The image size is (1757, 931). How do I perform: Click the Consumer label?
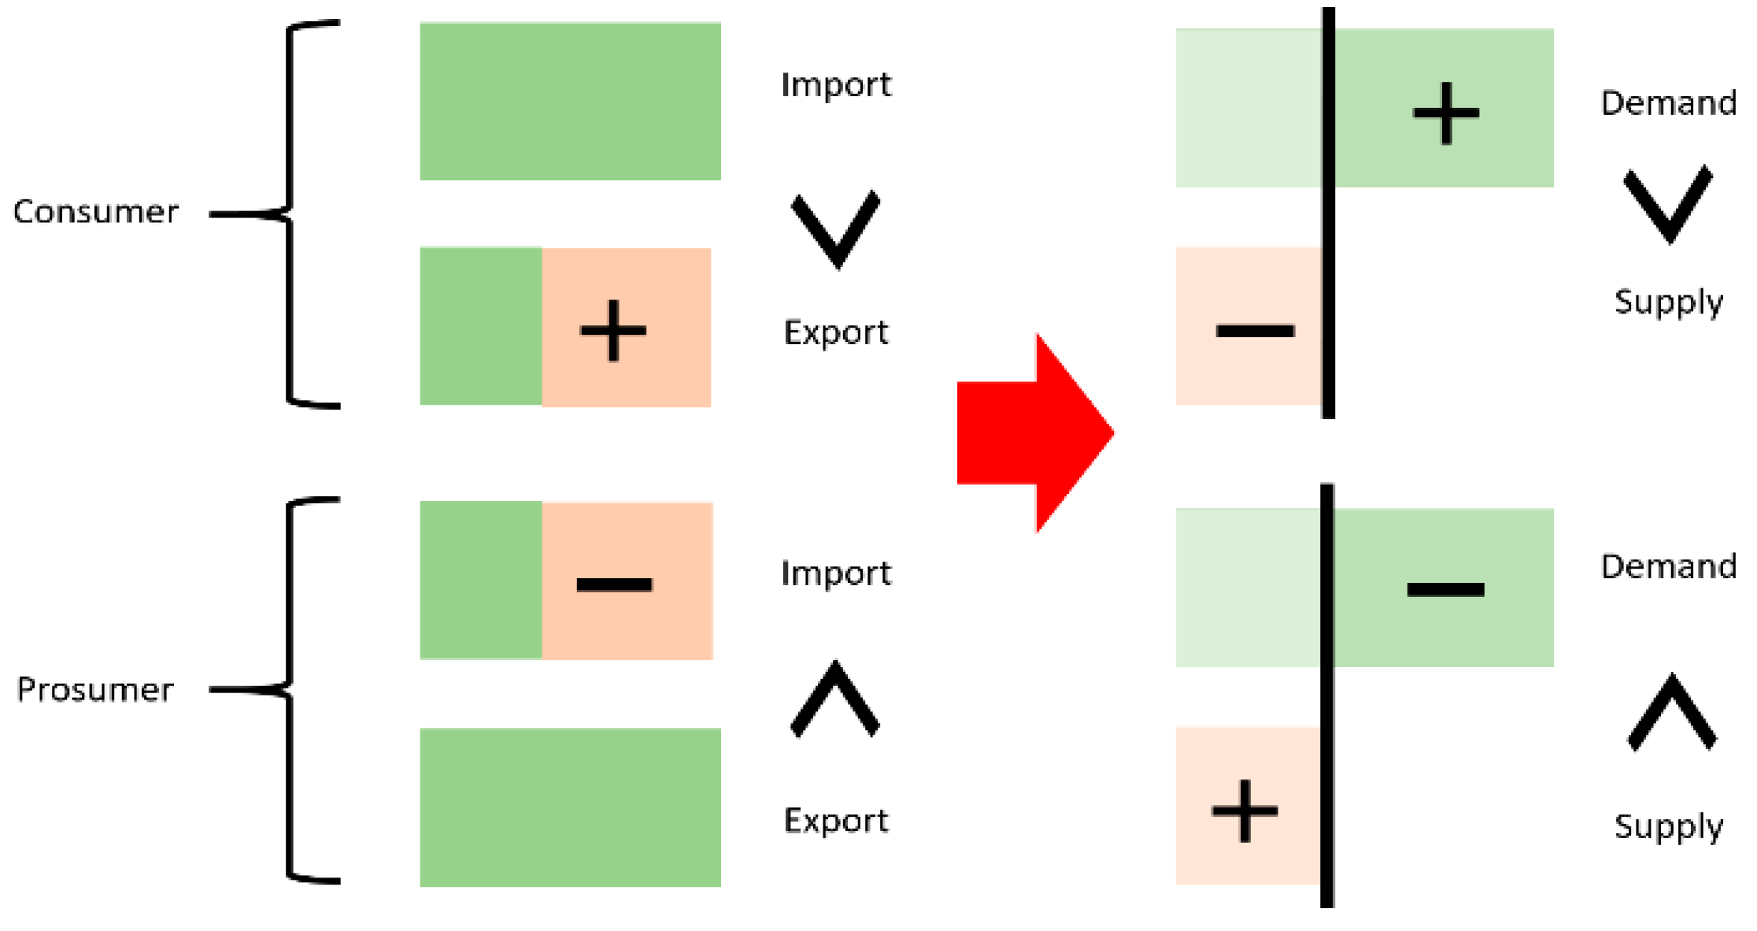coord(96,212)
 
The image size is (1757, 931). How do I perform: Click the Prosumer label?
coord(95,690)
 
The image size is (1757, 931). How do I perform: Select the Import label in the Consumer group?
coord(836,85)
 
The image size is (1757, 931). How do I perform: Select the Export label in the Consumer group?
coord(836,332)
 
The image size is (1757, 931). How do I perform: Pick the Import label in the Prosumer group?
coord(836,573)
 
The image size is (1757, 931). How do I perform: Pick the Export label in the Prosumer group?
coord(836,821)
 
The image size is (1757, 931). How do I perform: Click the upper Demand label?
coord(1669,103)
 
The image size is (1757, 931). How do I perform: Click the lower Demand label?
coord(1669,567)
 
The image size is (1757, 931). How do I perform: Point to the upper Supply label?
coord(1669,302)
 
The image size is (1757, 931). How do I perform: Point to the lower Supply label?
coord(1669,827)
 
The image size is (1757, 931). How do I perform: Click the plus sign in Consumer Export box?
coord(613,331)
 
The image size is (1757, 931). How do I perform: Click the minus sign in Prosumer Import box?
coord(614,584)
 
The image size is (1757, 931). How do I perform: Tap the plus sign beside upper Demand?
coord(1446,113)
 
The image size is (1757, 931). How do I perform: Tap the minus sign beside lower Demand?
coord(1445,589)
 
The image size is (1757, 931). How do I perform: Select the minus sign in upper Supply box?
coord(1255,331)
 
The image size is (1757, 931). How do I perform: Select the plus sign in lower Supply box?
coord(1245,811)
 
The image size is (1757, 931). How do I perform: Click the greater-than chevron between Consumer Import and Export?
coord(836,228)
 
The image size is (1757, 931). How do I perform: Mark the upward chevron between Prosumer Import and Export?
coord(835,699)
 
